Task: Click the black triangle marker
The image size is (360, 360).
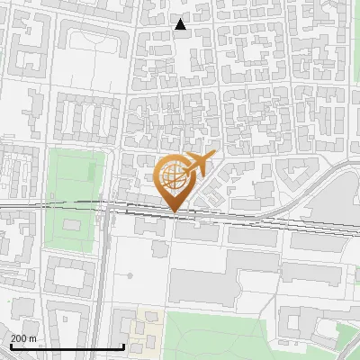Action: point(181,24)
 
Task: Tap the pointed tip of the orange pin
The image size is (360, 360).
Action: point(174,212)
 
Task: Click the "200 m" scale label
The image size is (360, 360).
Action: point(23,338)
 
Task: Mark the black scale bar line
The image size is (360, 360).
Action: point(67,346)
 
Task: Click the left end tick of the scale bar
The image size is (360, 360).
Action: point(11,345)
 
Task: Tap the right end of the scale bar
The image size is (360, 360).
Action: point(123,345)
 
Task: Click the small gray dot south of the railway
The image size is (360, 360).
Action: point(130,275)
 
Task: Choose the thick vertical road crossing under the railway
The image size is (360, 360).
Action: point(104,270)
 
